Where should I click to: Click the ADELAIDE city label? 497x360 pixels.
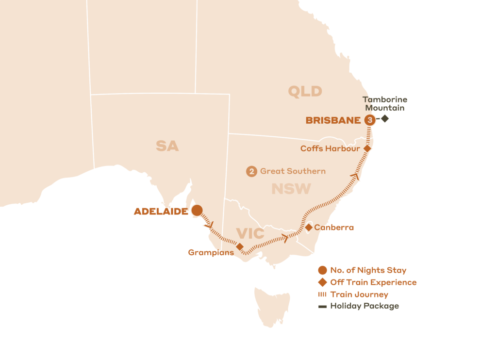tap(161, 212)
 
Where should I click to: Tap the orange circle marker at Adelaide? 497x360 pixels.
tap(197, 210)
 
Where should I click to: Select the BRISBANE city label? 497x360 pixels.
tap(333, 121)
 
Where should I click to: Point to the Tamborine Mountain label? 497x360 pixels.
tap(385, 104)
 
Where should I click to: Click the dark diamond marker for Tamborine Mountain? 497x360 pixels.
tap(385, 118)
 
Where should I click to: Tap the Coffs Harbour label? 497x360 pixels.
tap(330, 148)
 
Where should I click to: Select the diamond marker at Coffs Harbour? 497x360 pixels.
tap(367, 148)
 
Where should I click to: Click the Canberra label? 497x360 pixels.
tap(334, 228)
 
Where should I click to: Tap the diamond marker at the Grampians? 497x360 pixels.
tap(239, 246)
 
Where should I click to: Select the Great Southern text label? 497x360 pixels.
tap(293, 171)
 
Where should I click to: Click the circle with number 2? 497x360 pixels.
tap(251, 171)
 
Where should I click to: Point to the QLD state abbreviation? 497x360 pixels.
tap(305, 91)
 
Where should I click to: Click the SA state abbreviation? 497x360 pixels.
tap(167, 146)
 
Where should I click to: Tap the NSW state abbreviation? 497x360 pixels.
tap(291, 189)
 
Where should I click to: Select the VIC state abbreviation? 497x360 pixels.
tap(250, 234)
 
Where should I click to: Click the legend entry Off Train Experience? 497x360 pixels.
tap(373, 282)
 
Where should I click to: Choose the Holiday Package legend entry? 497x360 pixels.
tap(364, 306)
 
